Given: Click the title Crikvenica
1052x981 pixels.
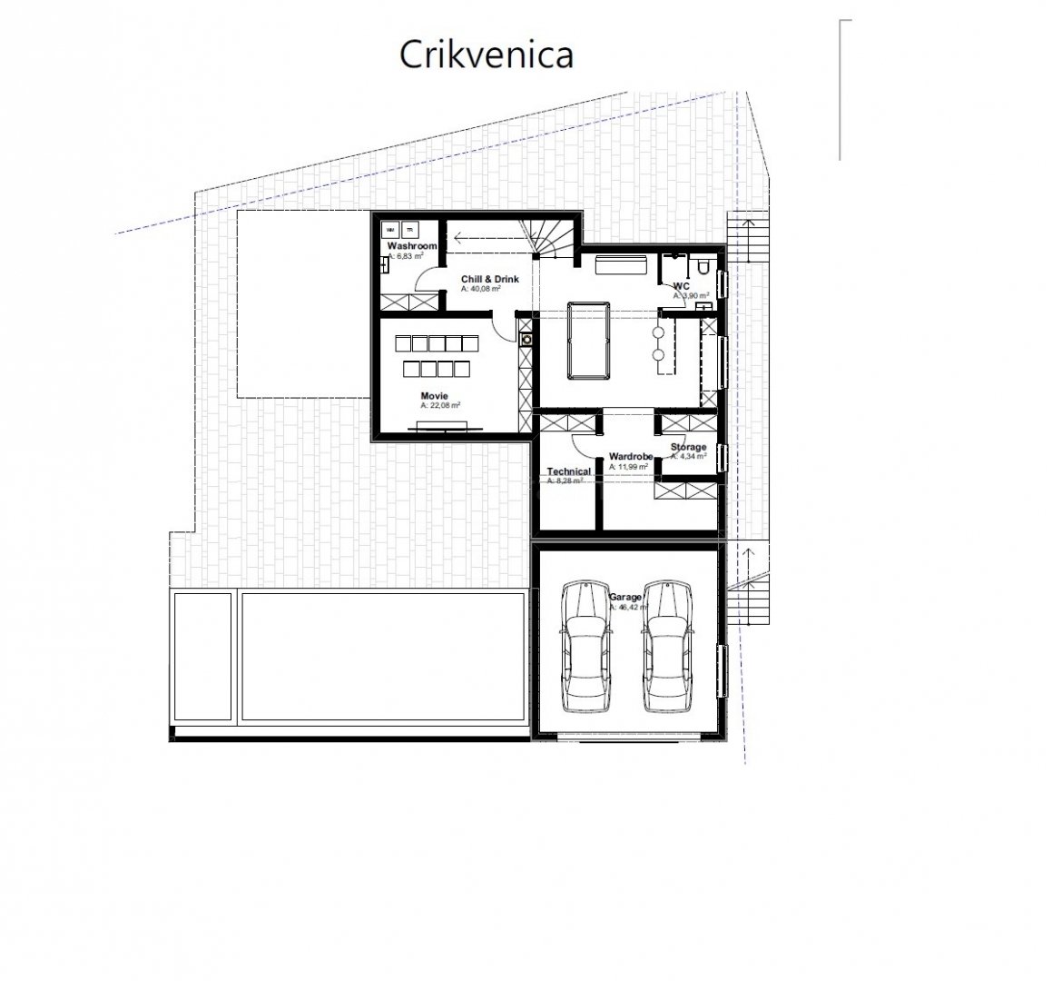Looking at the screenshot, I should click(487, 54).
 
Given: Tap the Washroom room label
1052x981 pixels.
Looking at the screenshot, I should click(412, 246).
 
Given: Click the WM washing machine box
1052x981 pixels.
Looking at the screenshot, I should click(391, 231).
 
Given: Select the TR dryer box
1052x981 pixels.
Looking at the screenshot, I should click(409, 231).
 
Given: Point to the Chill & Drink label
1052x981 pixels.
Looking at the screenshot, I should click(489, 279).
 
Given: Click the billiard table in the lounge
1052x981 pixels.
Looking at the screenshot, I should click(586, 342).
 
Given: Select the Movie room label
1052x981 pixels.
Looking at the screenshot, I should click(434, 396).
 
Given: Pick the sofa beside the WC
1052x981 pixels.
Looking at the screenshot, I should click(620, 264).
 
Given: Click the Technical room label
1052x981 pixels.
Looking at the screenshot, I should click(568, 471).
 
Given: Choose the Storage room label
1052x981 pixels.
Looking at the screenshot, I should click(688, 447).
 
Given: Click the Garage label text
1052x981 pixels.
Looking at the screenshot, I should click(624, 597).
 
